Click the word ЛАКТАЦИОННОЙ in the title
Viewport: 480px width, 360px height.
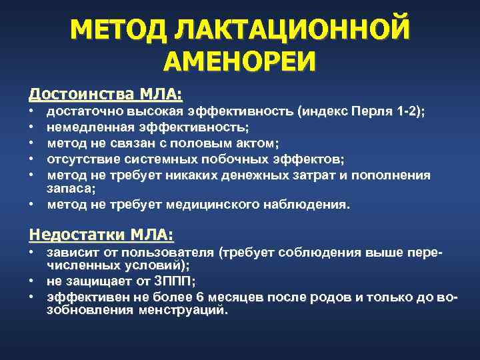[x=289, y=31]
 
